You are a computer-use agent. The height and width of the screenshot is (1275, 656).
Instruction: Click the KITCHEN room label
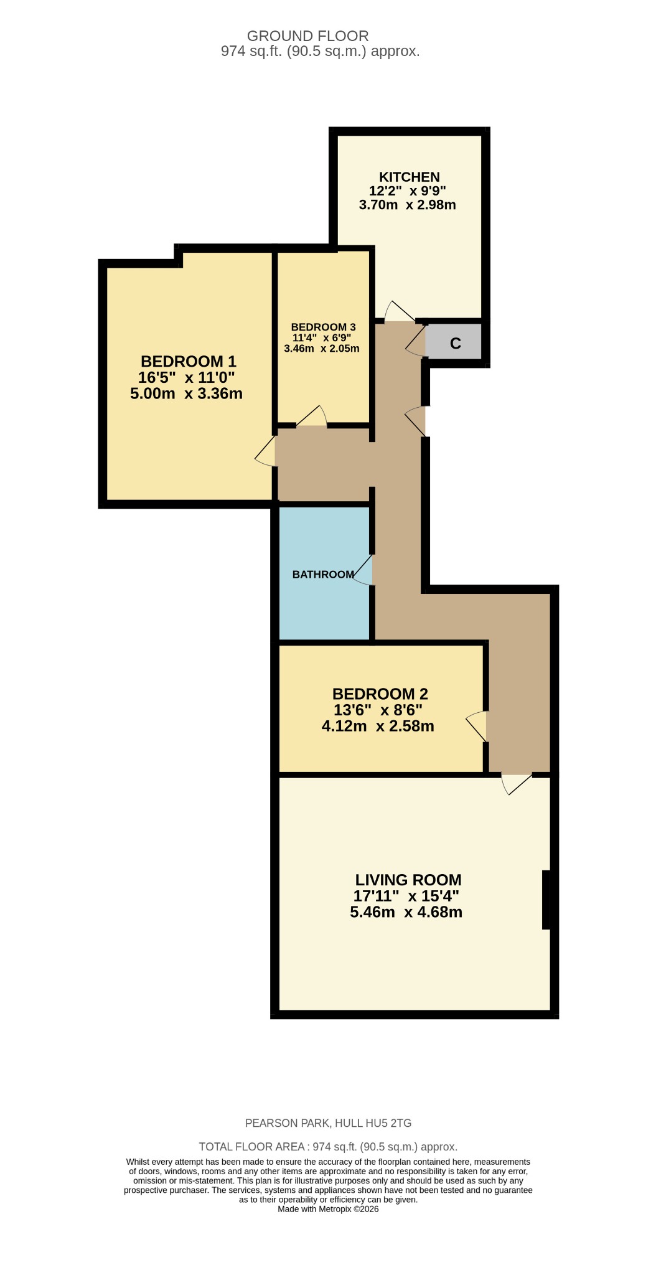pos(409,177)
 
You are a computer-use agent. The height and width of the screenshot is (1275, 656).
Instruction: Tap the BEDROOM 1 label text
pos(188,361)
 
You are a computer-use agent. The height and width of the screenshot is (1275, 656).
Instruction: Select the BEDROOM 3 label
pos(323,327)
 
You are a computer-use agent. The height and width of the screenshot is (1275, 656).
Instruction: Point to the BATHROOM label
pos(323,574)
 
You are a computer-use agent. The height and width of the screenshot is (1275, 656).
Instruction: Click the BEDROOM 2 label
pos(380,694)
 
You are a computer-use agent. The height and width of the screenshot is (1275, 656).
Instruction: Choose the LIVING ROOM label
pos(408,880)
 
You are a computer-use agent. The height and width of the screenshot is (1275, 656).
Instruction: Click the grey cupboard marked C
pos(455,343)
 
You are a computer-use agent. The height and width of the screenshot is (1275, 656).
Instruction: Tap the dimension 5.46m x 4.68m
pos(406,913)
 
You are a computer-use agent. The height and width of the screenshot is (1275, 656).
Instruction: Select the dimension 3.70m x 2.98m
pos(407,205)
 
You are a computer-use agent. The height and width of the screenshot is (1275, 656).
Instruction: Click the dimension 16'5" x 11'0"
pos(186,377)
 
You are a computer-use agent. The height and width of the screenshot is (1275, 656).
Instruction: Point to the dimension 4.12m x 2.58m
pos(378,726)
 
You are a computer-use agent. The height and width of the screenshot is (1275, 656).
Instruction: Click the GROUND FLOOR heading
pos(307,36)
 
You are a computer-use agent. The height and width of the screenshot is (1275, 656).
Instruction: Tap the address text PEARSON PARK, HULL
pos(328,1123)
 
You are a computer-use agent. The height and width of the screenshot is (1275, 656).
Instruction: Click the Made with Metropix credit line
pos(328,1209)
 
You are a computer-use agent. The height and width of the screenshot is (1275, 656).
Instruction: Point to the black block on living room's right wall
pos(546,900)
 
